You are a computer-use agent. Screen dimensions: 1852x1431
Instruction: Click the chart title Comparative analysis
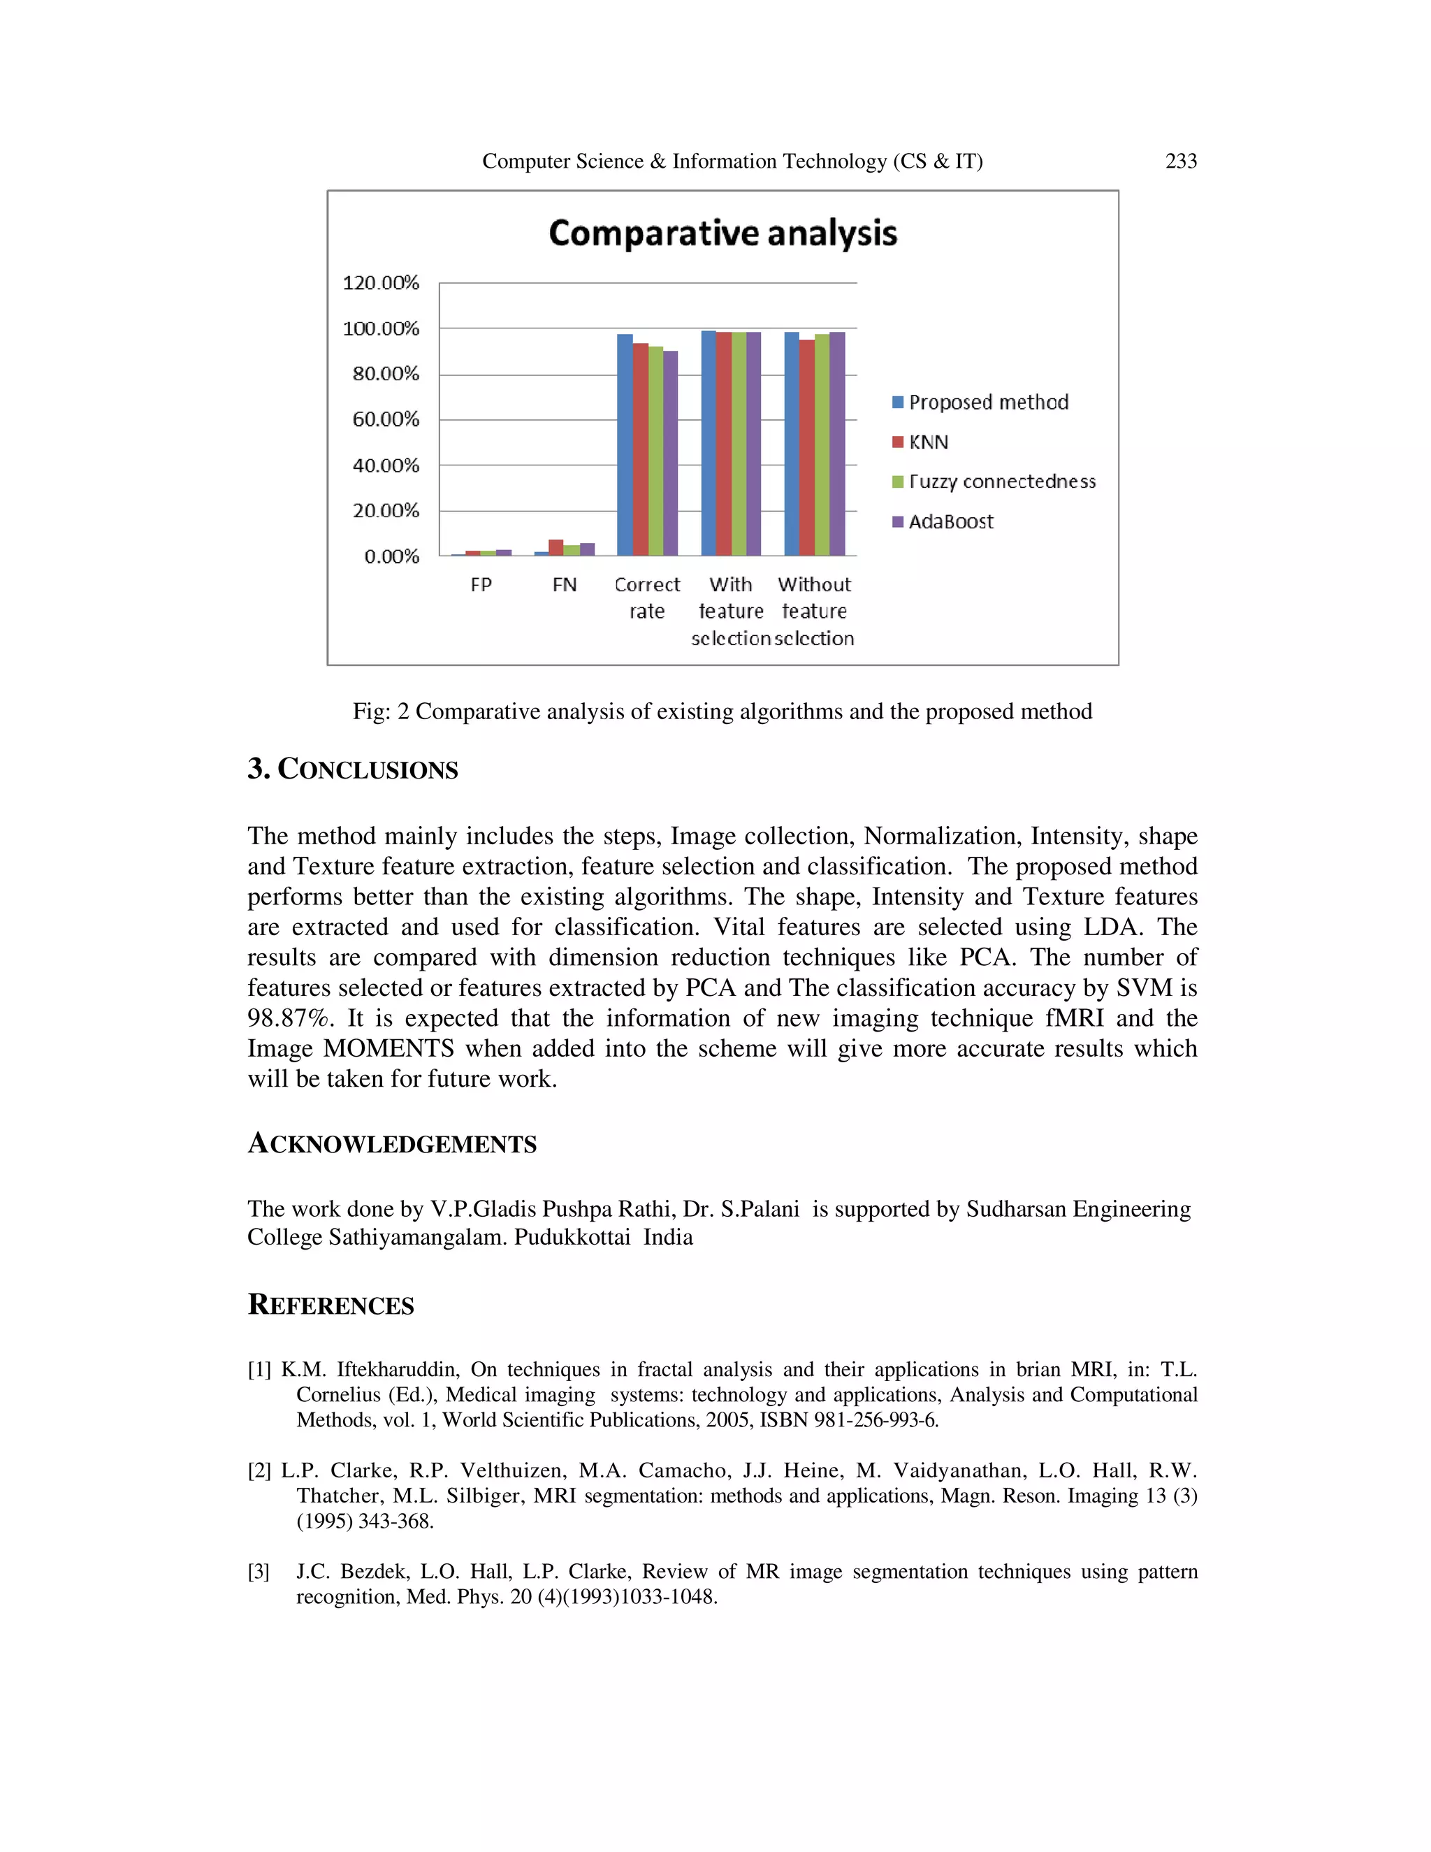click(722, 233)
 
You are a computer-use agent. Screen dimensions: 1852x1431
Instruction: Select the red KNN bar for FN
click(556, 547)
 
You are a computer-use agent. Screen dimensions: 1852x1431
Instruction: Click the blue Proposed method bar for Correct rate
click(625, 444)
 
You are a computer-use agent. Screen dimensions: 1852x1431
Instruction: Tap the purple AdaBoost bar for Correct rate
click(671, 453)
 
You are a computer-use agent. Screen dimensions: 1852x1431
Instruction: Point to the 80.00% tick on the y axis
click(386, 374)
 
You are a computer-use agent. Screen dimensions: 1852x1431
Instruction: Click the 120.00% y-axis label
click(381, 282)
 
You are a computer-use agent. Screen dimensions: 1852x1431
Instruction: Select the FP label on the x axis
click(481, 585)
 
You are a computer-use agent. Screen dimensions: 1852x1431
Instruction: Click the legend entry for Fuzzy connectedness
click(1001, 482)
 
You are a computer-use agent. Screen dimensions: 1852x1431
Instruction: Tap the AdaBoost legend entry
click(950, 521)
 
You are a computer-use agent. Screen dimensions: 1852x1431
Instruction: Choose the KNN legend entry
click(929, 442)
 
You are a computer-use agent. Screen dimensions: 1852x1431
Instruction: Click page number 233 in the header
click(1181, 161)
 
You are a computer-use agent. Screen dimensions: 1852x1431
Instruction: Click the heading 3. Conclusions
click(353, 769)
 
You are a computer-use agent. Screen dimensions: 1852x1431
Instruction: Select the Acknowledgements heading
click(392, 1143)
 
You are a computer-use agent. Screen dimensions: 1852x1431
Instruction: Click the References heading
click(330, 1304)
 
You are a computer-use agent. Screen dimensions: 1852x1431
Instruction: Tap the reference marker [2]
click(259, 1470)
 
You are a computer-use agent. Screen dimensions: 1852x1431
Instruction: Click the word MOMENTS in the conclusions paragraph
click(389, 1048)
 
